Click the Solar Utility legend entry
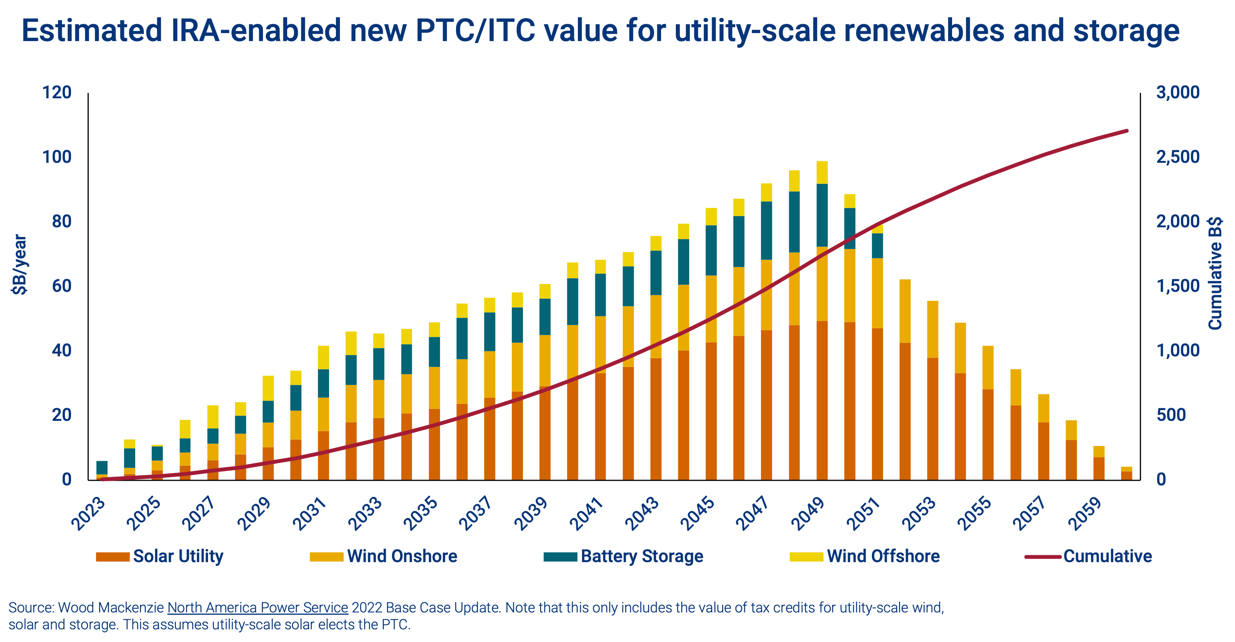pyautogui.click(x=160, y=556)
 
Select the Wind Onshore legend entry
pyautogui.click(x=384, y=556)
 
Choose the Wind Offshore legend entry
pyautogui.click(x=865, y=556)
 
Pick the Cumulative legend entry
pyautogui.click(x=1088, y=556)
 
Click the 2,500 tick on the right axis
pyautogui.click(x=1178, y=157)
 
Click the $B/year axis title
pyautogui.click(x=20, y=264)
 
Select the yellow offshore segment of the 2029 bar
pyautogui.click(x=268, y=388)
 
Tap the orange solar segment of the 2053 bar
pyautogui.click(x=932, y=419)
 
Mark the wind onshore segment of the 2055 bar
pyautogui.click(x=988, y=367)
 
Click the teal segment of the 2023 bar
pyautogui.click(x=102, y=467)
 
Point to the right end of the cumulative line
pyautogui.click(x=1127, y=131)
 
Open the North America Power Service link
pyautogui.click(x=258, y=607)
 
